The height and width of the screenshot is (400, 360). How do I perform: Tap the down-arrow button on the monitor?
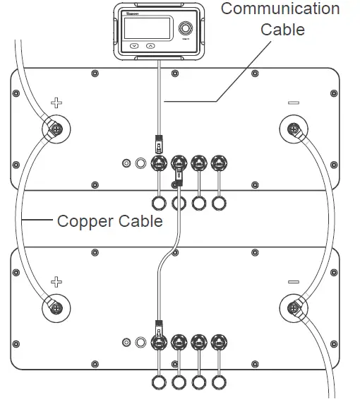(x=134, y=47)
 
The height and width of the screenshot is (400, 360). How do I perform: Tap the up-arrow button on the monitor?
(x=150, y=47)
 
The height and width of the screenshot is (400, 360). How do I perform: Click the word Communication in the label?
(x=280, y=9)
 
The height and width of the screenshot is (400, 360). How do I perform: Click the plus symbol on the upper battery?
(x=56, y=103)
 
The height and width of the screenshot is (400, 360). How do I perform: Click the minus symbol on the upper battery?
(x=294, y=103)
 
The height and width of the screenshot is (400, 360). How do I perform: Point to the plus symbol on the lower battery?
(x=56, y=282)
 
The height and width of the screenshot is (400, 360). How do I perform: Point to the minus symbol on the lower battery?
(x=294, y=282)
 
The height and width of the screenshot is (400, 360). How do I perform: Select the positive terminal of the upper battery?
(x=54, y=129)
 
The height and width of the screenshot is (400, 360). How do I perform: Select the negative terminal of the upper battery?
(x=293, y=129)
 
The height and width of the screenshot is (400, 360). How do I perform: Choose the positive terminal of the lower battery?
(x=54, y=308)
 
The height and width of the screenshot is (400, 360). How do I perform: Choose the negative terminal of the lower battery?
(x=293, y=308)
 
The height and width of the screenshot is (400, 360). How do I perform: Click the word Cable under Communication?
(x=282, y=30)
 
